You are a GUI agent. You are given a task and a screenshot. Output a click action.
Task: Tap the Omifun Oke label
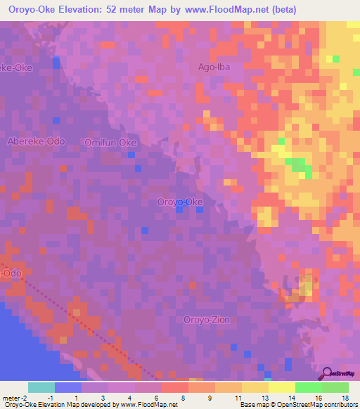point(110,142)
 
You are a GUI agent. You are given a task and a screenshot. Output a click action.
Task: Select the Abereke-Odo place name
point(36,141)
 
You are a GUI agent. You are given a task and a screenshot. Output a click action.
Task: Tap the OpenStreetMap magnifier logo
point(327,373)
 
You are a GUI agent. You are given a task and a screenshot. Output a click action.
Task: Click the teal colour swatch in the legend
point(41,387)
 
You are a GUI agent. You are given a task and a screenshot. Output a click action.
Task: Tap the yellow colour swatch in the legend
point(255,387)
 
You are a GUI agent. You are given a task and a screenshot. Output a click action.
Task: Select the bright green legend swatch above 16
point(308,387)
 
